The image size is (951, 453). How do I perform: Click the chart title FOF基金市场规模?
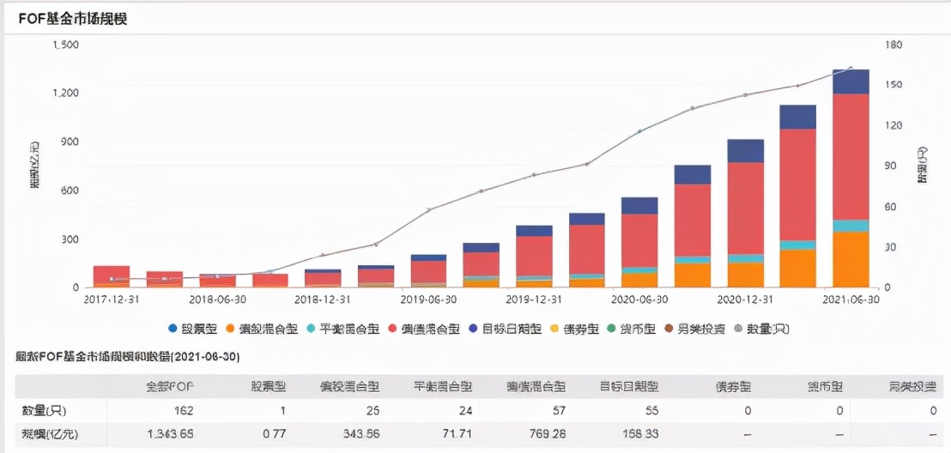pos(72,18)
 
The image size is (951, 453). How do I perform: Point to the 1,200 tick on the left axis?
pos(66,93)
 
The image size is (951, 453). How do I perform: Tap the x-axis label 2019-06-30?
pos(427,299)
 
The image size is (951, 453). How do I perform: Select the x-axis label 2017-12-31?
pos(111,299)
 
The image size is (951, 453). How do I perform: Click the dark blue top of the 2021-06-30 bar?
pos(851,82)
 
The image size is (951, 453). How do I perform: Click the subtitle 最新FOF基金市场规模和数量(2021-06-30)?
pos(128,355)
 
